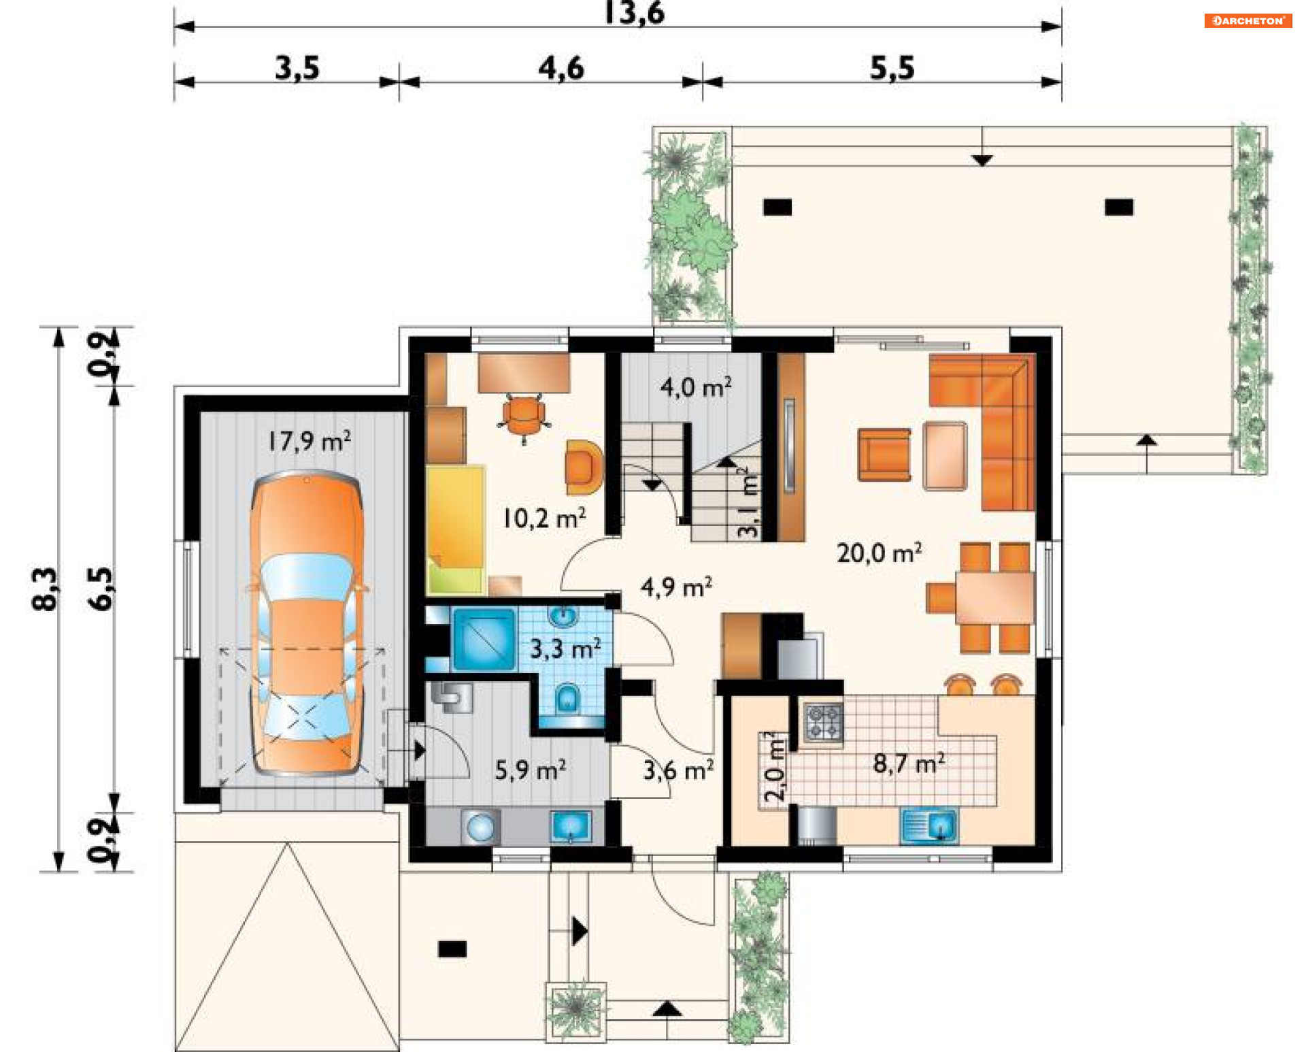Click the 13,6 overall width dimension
pos(635,12)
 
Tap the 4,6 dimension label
pos(561,68)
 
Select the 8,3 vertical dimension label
pos(45,589)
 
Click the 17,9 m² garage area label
pos(309,441)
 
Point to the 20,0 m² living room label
pos(880,553)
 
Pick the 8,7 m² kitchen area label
pos(909,763)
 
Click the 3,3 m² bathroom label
pos(565,648)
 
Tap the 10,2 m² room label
pos(544,519)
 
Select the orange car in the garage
pos(306,623)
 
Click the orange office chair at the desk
pos(523,416)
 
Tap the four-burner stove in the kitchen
pos(824,722)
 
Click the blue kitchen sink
pos(929,825)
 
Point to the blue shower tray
pos(484,639)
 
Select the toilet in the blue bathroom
pos(567,697)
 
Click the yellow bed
pos(455,529)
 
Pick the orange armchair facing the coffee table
pos(884,455)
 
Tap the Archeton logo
pos(1248,20)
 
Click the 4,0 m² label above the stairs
pos(696,387)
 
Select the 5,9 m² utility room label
pos(531,770)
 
